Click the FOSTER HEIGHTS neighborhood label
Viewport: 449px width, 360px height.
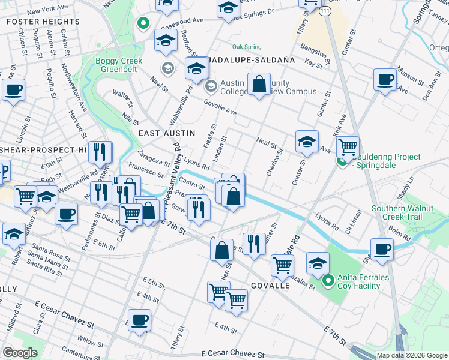(43, 22)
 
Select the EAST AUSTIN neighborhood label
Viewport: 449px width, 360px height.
(163, 133)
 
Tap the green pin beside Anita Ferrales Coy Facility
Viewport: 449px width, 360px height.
(328, 280)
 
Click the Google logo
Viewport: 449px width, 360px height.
(20, 353)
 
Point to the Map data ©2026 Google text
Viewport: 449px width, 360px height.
(411, 355)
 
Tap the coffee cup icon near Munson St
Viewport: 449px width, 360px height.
(384, 79)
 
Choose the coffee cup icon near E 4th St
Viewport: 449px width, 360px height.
(140, 319)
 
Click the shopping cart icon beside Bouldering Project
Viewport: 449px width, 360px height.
(348, 146)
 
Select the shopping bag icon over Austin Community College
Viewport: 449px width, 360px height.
(259, 84)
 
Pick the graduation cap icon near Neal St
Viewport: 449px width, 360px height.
(306, 142)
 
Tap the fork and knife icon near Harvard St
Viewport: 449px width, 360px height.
(100, 152)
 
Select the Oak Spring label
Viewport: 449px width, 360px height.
(247, 47)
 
